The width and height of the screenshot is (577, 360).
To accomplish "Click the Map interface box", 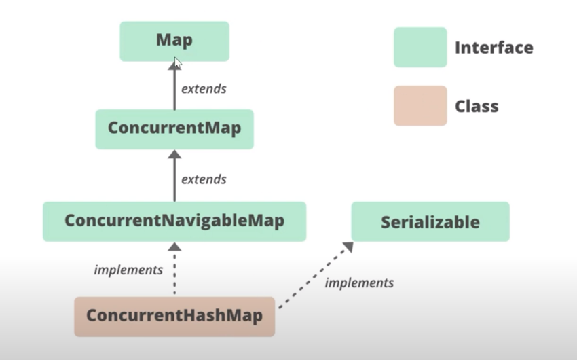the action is [x=174, y=41].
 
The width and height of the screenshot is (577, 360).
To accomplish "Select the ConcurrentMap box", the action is [x=174, y=129].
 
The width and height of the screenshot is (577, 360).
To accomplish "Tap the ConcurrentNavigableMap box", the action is [x=174, y=221].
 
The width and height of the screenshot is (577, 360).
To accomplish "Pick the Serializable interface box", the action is [x=430, y=221].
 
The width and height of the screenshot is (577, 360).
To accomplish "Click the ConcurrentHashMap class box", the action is [x=174, y=317].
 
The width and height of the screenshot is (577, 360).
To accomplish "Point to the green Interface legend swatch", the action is [x=420, y=47].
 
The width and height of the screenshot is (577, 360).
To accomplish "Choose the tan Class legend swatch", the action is [x=420, y=106].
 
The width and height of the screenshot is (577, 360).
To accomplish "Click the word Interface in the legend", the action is [x=494, y=48].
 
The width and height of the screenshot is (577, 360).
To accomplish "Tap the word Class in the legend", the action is [x=477, y=107].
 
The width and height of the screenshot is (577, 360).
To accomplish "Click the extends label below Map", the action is [x=204, y=89].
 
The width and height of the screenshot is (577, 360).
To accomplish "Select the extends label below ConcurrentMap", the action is [x=204, y=179].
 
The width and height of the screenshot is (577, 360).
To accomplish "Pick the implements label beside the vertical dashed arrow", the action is [x=128, y=270].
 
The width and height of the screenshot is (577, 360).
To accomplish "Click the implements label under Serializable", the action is [x=359, y=283].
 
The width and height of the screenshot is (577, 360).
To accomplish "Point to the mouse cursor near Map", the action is [x=178, y=63].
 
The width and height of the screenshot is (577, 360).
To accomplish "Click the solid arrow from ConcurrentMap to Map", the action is [x=174, y=86].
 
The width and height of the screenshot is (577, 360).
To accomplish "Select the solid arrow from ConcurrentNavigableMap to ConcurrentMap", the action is [x=174, y=175].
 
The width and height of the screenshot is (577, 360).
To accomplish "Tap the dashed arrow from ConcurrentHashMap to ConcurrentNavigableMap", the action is [x=174, y=268].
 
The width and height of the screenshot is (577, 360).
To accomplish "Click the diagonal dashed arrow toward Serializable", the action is [x=316, y=275].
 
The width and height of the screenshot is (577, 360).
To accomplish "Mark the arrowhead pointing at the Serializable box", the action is [x=348, y=247].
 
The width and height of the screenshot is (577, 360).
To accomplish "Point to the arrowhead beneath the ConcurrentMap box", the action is [x=174, y=154].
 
